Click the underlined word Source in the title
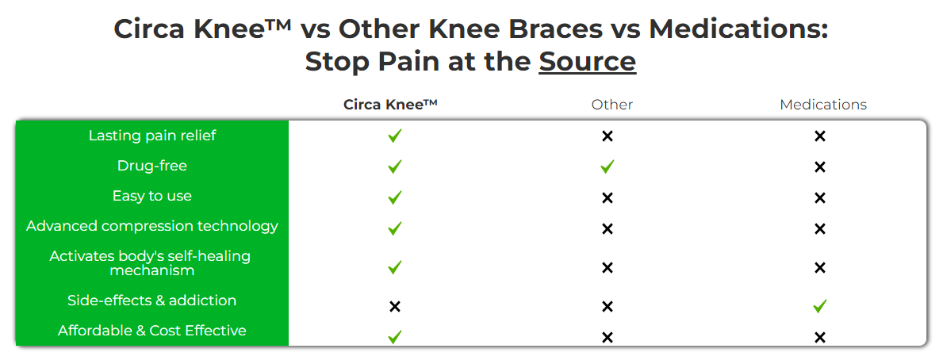[587, 62]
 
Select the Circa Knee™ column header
[390, 104]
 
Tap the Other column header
[612, 105]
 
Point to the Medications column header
[823, 105]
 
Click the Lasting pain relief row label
[152, 136]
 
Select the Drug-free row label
[152, 166]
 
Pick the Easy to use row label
[152, 196]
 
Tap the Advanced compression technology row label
[152, 226]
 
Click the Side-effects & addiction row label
[152, 300]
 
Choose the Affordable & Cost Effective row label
[152, 331]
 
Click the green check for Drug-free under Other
[608, 167]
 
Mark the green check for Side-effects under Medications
[820, 307]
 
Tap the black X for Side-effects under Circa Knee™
[394, 307]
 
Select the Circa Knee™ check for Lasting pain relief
[394, 136]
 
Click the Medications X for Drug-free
[820, 167]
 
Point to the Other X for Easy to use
[608, 197]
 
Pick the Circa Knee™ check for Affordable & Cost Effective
[394, 337]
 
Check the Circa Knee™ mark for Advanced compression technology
[394, 228]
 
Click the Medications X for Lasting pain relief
[820, 136]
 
